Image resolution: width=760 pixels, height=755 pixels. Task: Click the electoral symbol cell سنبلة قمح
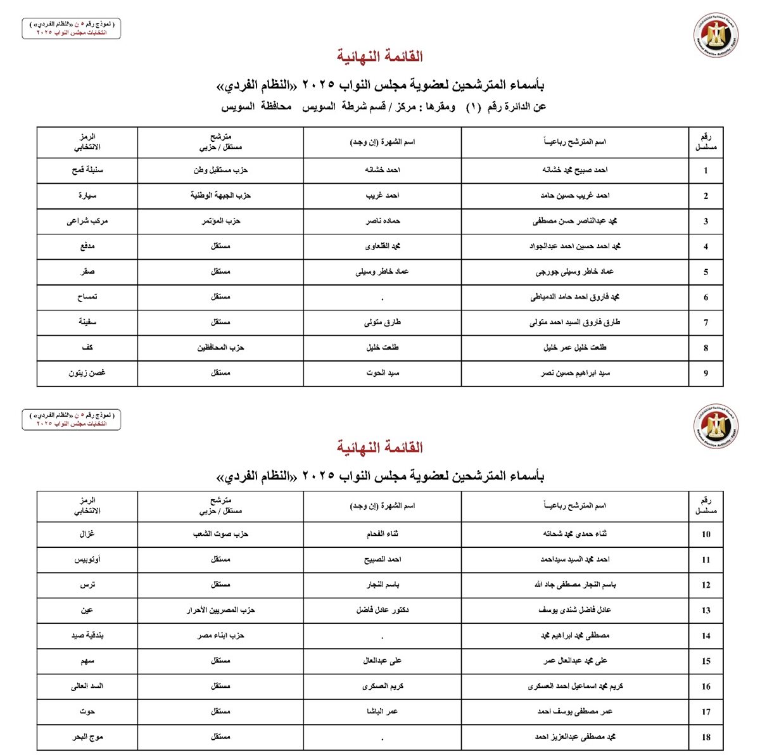pyautogui.click(x=87, y=170)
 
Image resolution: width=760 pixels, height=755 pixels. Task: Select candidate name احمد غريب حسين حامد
pyautogui.click(x=574, y=196)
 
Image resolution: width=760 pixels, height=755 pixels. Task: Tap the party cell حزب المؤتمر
pyautogui.click(x=220, y=221)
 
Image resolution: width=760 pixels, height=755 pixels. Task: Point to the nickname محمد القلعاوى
pyautogui.click(x=383, y=246)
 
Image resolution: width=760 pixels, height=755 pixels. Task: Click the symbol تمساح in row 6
pyautogui.click(x=87, y=297)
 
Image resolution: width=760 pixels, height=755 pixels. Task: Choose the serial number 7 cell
pyautogui.click(x=706, y=323)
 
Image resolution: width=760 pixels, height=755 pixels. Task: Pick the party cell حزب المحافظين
pyautogui.click(x=220, y=348)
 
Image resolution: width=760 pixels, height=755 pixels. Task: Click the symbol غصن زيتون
pyautogui.click(x=87, y=373)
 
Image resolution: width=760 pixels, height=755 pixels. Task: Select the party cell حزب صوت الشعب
pyautogui.click(x=220, y=534)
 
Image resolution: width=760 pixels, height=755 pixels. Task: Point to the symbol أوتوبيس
pyautogui.click(x=87, y=560)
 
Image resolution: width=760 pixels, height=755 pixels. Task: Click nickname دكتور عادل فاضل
pyautogui.click(x=383, y=610)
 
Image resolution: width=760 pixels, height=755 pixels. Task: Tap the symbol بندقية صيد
pyautogui.click(x=87, y=635)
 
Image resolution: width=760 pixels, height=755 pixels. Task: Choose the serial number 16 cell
pyautogui.click(x=706, y=687)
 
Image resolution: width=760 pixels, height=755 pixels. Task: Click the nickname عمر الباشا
pyautogui.click(x=383, y=711)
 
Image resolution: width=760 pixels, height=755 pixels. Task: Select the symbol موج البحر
pyautogui.click(x=87, y=737)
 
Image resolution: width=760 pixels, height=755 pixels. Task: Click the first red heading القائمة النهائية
pyautogui.click(x=380, y=56)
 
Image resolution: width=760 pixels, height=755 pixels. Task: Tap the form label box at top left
pyautogui.click(x=71, y=28)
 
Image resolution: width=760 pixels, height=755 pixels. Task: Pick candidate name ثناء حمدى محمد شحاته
pyautogui.click(x=574, y=534)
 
